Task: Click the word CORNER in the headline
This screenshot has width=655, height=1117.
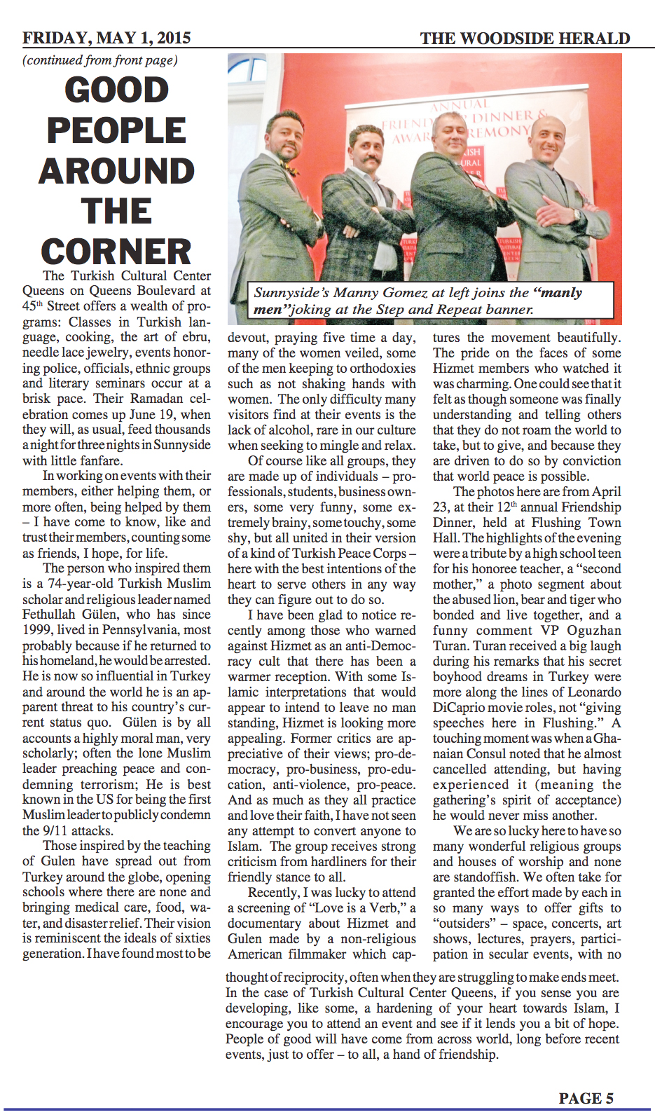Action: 116,252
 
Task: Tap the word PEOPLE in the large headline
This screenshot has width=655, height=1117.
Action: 116,130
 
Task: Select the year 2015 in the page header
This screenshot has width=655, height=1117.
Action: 174,38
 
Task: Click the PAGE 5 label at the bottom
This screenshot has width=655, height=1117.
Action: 586,1098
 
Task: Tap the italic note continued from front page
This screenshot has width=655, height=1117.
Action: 100,60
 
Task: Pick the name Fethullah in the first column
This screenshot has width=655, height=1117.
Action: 50,615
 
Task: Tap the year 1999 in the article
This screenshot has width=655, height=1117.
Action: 36,630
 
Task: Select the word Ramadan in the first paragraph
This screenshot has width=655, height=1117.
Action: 144,399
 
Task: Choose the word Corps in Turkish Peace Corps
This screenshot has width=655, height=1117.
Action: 390,553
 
